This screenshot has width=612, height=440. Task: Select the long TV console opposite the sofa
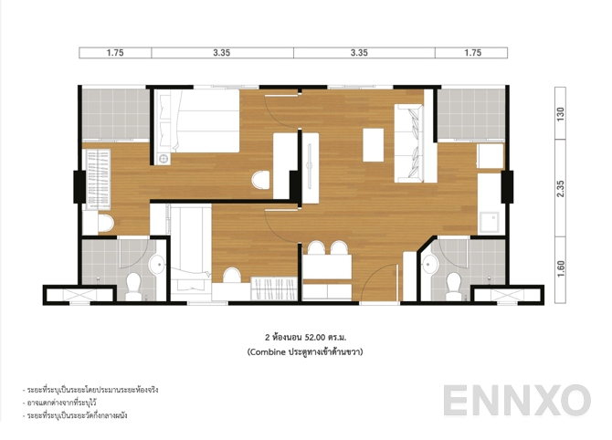click(x=311, y=164)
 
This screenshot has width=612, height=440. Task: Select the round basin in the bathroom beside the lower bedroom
click(x=155, y=265)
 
